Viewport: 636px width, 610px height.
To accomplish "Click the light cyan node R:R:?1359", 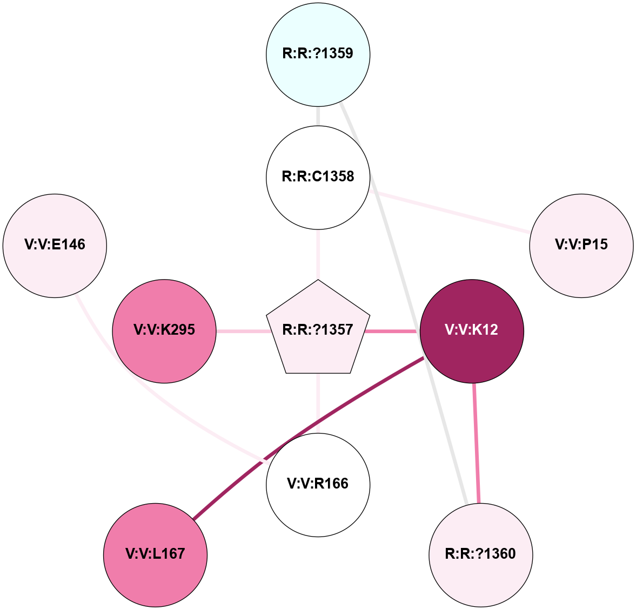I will (318, 54).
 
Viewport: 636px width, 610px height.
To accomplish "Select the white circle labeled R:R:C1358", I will (318, 177).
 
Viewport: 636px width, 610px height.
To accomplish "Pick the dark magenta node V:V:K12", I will (471, 330).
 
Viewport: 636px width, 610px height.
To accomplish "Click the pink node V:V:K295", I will (164, 330).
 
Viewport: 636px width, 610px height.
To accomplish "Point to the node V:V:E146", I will (55, 245).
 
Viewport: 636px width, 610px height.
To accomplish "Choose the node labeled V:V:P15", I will (581, 245).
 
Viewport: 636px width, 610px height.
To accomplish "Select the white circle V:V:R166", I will (318, 484).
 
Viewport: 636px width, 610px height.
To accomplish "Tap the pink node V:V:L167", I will (155, 554).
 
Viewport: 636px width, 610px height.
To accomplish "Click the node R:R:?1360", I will (480, 554).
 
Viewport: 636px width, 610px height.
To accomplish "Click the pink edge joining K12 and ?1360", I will (476, 443).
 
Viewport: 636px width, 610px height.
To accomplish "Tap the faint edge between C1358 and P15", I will (448, 212).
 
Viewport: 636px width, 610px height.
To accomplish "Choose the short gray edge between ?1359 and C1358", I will (318, 116).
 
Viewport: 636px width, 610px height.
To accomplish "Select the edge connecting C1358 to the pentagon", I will (318, 254).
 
